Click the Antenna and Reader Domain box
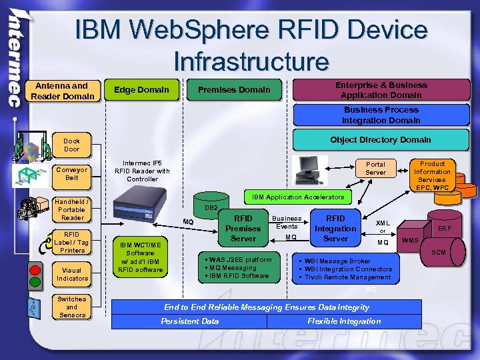61,91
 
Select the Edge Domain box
141,90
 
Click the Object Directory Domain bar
380,140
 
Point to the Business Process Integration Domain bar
381,115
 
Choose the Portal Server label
375,168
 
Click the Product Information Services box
432,175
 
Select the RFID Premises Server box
243,228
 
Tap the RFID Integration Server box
335,228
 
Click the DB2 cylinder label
211,209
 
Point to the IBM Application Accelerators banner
297,197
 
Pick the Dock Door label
71,145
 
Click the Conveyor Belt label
71,173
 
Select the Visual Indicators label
72,273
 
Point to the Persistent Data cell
189,321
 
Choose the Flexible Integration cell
344,321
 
